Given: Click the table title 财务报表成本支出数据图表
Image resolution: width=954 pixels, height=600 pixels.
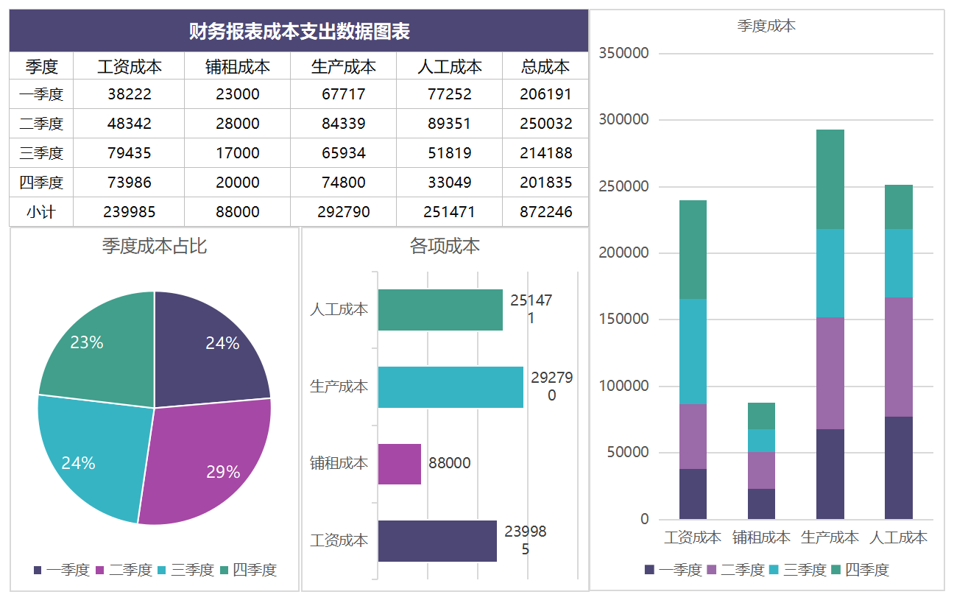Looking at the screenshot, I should pos(299,31).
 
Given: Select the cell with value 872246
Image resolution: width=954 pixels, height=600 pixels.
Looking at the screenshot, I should pos(545,212).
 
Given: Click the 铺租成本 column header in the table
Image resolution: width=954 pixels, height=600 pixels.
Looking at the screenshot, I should pos(237,66).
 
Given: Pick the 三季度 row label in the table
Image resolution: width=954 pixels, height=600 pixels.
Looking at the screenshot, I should pos(41,153).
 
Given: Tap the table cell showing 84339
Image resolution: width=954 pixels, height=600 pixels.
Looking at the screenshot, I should pos(343,124).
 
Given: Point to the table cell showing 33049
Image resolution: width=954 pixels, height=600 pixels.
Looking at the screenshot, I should pos(449,183).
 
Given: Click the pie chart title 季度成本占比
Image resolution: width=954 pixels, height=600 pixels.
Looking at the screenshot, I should pos(155,246).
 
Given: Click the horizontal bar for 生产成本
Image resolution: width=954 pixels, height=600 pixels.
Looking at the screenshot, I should pos(451,387).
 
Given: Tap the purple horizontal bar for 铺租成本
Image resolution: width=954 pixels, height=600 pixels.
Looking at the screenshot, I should pos(400,464).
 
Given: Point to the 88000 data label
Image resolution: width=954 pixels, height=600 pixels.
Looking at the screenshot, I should pos(450,463).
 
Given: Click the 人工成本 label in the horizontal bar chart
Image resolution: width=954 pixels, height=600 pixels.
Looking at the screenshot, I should pos(339,309).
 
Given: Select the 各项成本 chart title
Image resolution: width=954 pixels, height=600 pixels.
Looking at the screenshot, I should pos(445,246).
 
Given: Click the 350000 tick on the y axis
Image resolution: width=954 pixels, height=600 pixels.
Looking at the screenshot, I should pos(624,53).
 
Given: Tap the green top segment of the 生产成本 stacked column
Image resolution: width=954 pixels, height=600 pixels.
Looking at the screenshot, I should pos(830,180).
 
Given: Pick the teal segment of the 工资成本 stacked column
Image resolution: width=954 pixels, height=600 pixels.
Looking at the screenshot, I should pos(693,351).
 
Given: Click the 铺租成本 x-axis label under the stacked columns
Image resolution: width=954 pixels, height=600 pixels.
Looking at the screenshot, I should pos(761,537).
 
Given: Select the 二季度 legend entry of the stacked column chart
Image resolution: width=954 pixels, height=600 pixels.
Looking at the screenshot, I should pos(735,570).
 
